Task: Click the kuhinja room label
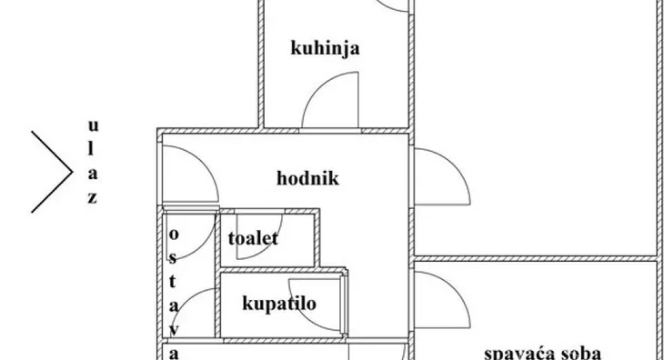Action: pos(324,48)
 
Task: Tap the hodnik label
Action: pos(307,178)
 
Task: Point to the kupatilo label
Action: pos(279,303)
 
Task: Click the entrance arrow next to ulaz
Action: pos(53,171)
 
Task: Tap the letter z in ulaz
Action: pos(93,198)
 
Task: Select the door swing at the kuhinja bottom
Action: pos(327,105)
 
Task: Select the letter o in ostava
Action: pos(172,233)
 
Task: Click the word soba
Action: pos(578,353)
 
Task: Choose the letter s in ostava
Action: pos(172,257)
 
